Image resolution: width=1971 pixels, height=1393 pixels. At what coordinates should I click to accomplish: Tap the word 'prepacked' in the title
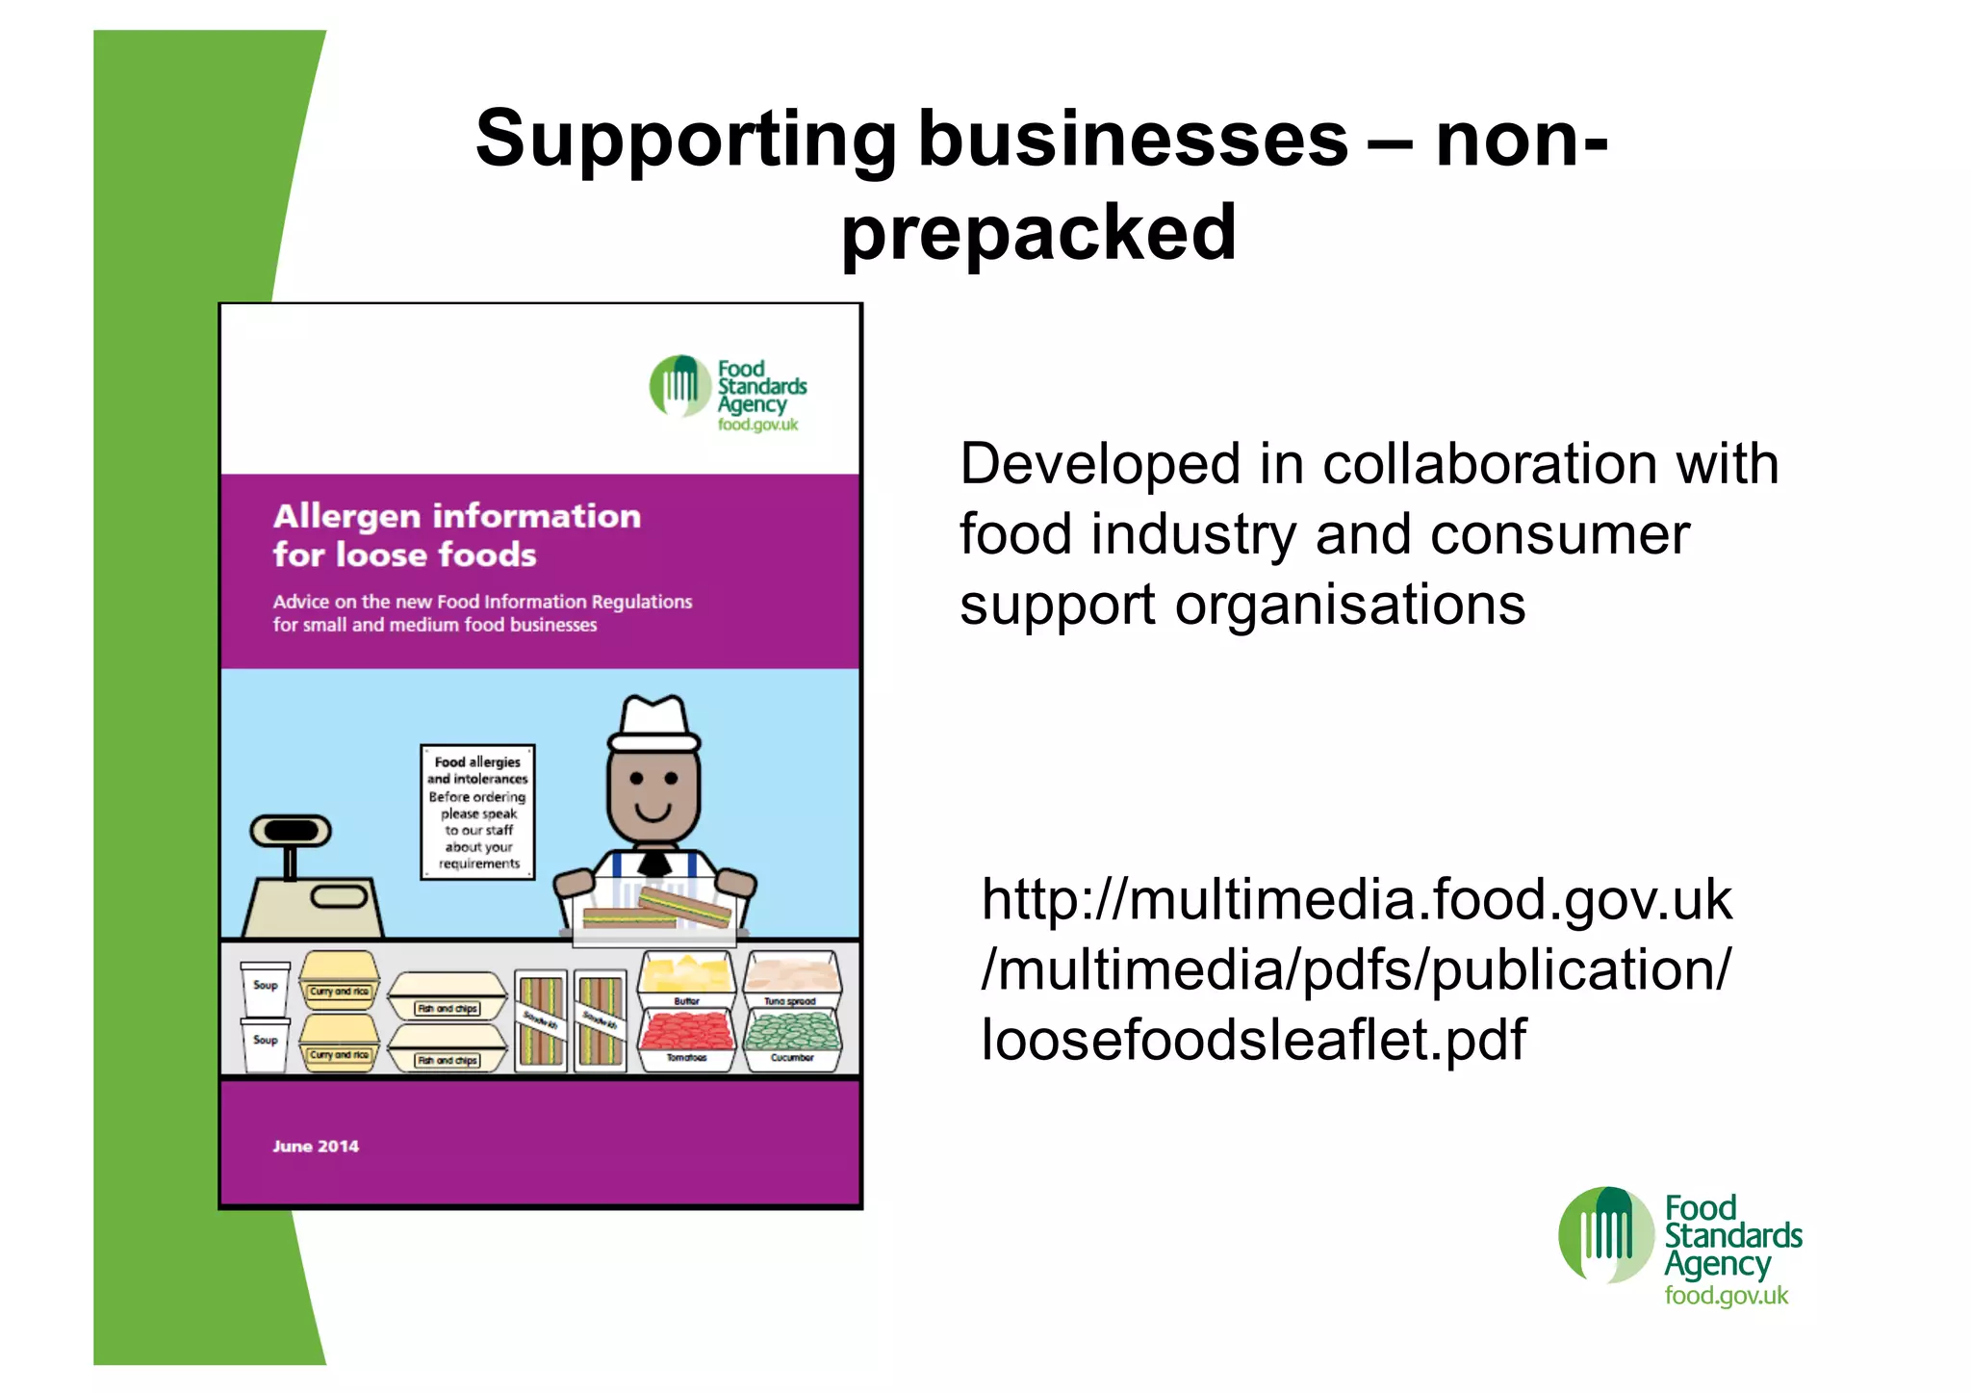pos(1038,232)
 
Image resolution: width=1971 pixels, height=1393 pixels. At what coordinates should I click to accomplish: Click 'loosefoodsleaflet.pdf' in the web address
pos(1253,1040)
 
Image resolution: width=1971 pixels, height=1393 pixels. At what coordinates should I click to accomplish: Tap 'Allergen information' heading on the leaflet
pos(457,516)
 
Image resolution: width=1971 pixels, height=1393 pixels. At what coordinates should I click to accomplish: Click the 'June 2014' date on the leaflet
pos(316,1146)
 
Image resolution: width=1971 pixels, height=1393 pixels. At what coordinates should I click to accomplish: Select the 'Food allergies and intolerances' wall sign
pos(477,812)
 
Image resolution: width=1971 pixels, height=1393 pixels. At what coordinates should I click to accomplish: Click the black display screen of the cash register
pos(291,830)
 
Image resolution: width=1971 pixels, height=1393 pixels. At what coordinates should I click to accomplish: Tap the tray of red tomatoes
pos(686,1031)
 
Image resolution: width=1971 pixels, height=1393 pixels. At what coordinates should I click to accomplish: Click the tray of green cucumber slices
pos(792,1031)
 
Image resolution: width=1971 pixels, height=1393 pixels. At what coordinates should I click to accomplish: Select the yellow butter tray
pos(686,974)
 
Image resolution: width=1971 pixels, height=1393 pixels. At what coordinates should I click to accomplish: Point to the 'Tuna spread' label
pos(790,1001)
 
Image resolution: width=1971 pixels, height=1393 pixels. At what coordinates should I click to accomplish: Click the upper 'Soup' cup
pos(265,987)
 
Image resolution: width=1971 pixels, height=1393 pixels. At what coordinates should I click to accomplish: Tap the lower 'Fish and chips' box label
pos(447,1060)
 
